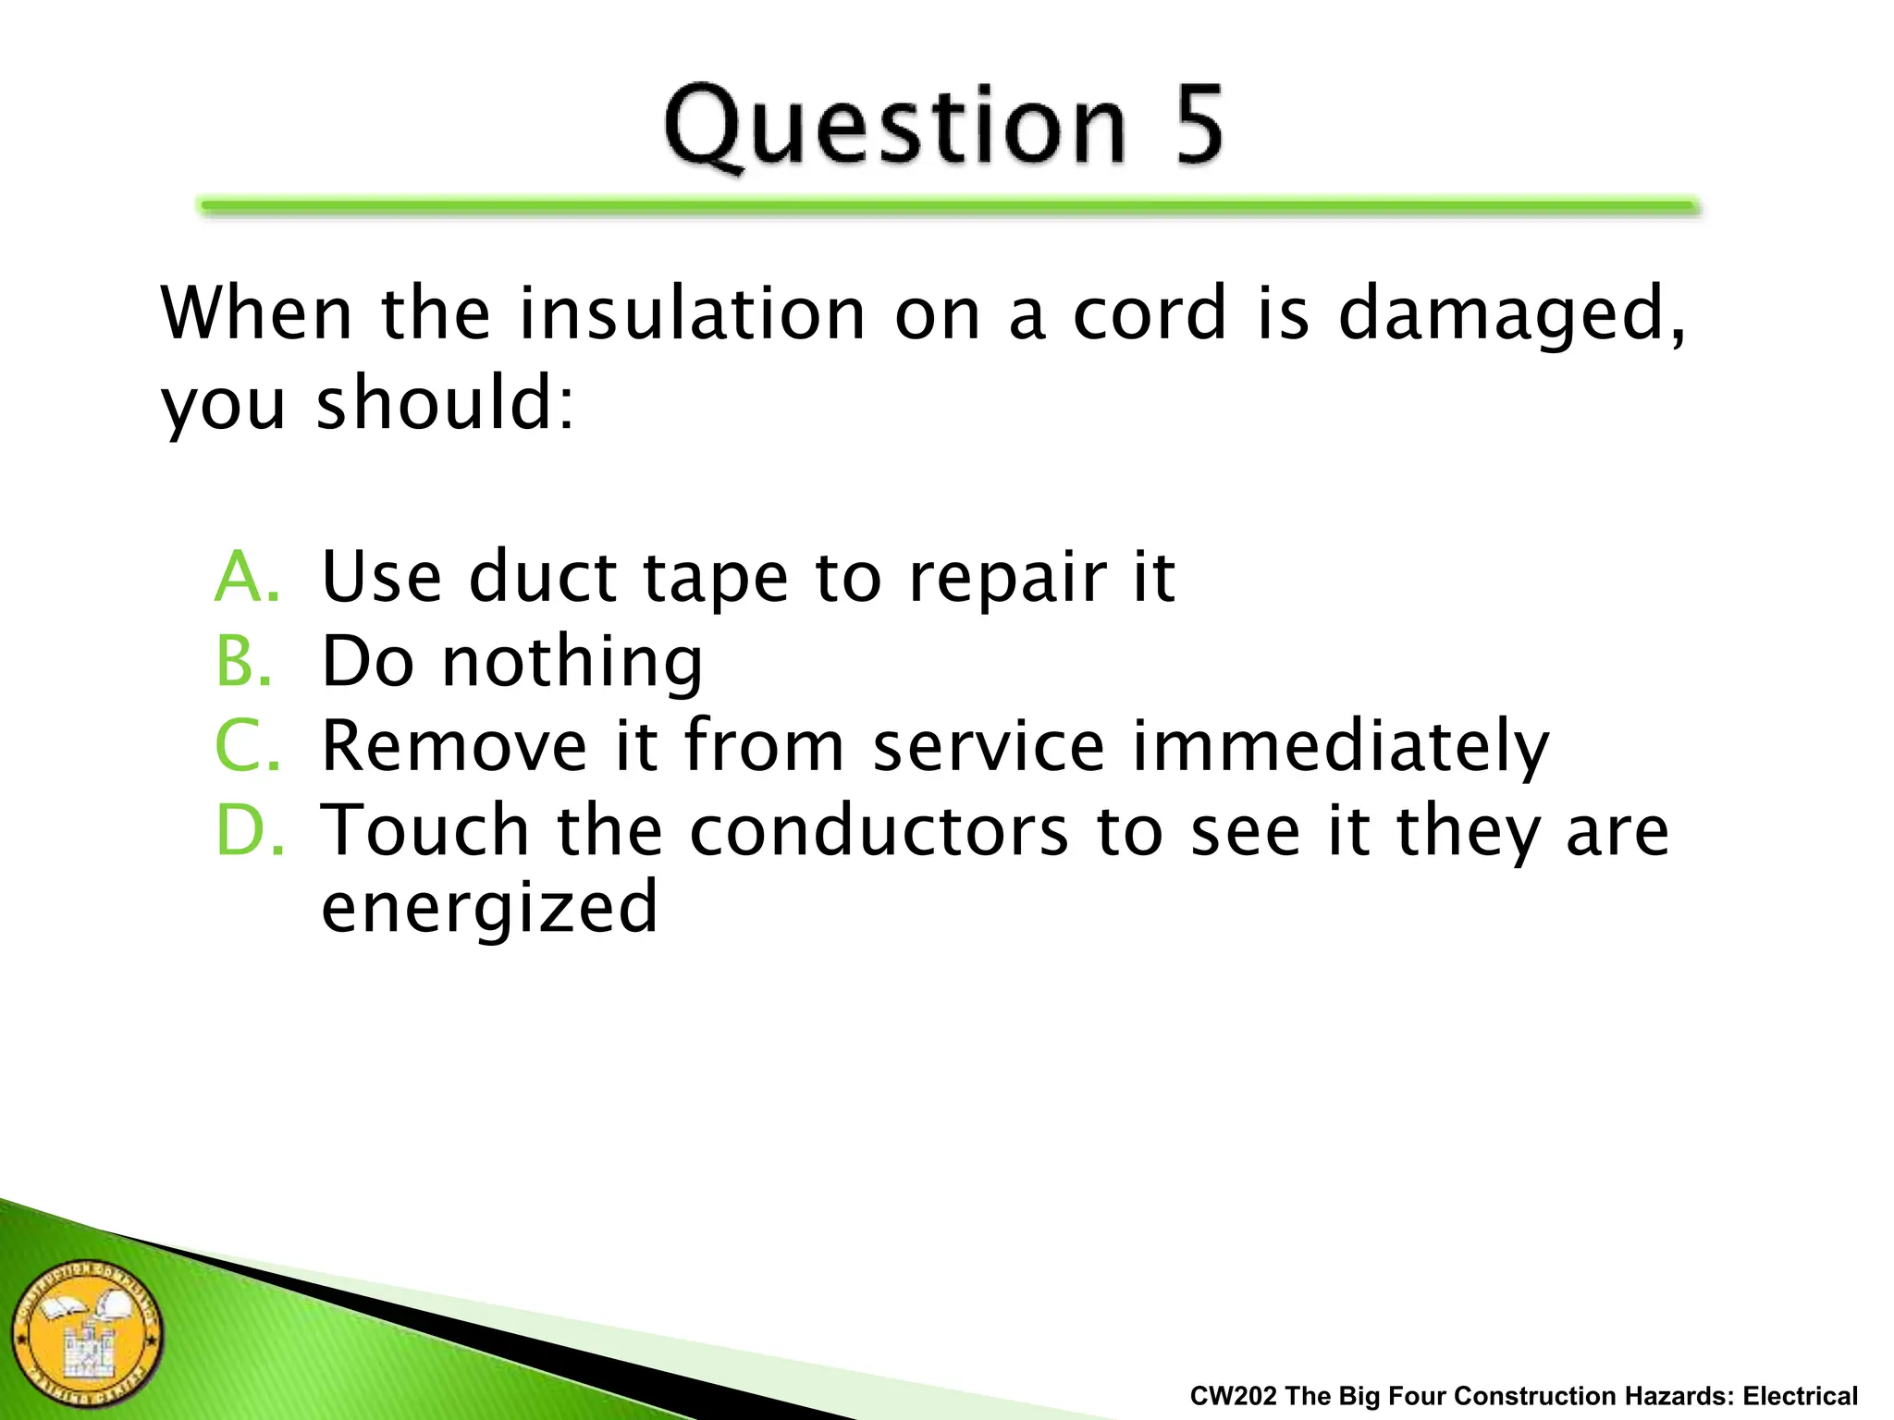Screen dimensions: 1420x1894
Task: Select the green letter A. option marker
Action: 246,577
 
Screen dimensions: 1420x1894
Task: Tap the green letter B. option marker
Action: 244,662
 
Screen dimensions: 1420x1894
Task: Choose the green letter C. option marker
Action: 246,745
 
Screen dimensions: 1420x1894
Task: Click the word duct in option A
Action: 542,577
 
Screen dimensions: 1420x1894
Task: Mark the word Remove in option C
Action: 454,745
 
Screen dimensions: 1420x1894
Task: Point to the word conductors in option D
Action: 879,830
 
